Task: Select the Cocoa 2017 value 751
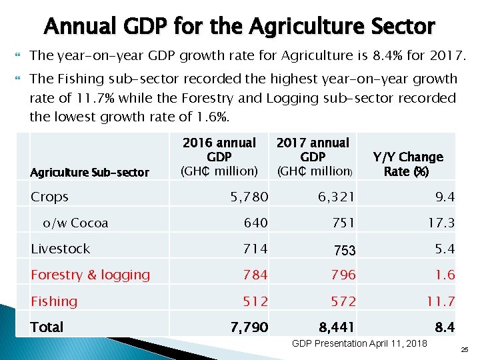[343, 223]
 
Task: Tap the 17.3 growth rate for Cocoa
[441, 223]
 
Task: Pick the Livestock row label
[61, 249]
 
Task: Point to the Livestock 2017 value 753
[344, 251]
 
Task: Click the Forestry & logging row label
[91, 275]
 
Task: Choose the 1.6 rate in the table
[445, 275]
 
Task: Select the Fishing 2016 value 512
[255, 301]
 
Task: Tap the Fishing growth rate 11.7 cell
[441, 301]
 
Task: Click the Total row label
[47, 327]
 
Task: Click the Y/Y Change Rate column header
[407, 164]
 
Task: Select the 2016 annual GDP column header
[219, 157]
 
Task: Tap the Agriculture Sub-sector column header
[90, 173]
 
